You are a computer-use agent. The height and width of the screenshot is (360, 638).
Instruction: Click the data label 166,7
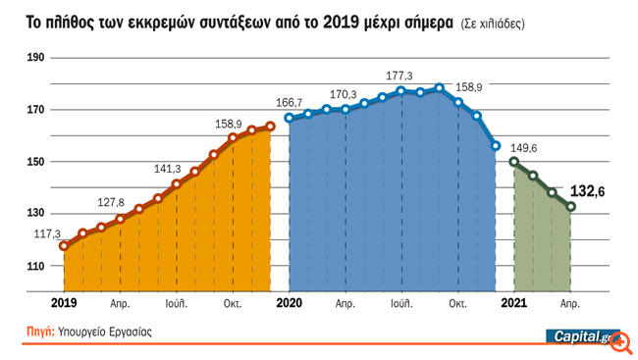coord(290,102)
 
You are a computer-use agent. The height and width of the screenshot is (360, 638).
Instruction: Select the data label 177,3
coord(399,76)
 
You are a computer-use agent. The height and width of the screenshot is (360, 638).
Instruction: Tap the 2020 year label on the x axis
coord(290,304)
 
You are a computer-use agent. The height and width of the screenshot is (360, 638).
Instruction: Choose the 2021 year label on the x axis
coord(515,304)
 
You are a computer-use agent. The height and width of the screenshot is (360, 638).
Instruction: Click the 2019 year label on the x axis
coord(64,304)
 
